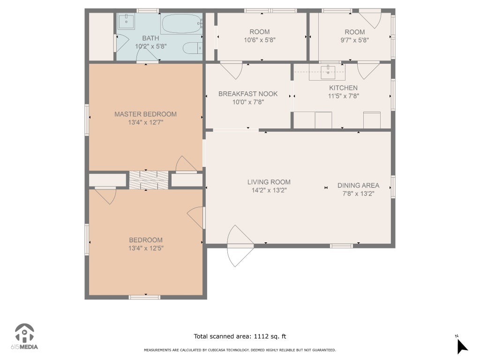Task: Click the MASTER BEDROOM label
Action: [145, 114]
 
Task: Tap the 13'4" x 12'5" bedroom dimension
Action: [146, 248]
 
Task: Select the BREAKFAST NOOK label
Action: [248, 94]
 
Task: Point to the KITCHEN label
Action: [343, 88]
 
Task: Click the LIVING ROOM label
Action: [269, 182]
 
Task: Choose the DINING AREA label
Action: [358, 186]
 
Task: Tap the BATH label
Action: [150, 38]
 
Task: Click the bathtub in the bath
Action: [182, 23]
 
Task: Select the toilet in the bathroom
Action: [193, 48]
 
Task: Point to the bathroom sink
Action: [126, 21]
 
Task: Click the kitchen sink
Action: [328, 72]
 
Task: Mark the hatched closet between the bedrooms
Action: [149, 180]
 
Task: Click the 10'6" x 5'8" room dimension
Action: [260, 40]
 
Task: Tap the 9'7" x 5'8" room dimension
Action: [354, 40]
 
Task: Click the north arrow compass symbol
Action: [462, 346]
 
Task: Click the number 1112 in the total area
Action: [261, 337]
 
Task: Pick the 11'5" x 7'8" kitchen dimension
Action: [344, 96]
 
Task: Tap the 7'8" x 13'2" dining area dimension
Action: [358, 194]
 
